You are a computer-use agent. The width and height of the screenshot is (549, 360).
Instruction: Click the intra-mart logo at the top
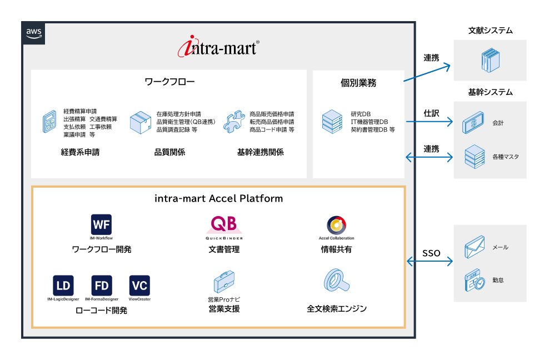pos(218,47)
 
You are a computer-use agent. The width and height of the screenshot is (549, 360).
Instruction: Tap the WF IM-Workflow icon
pos(102,224)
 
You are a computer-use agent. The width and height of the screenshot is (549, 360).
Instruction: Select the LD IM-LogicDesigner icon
pos(63,286)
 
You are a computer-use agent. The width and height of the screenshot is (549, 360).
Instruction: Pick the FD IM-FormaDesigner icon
pos(102,286)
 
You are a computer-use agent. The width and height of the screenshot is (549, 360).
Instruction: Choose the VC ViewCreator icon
pos(139,286)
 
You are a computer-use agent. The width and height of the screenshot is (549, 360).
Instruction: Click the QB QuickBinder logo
pos(224,225)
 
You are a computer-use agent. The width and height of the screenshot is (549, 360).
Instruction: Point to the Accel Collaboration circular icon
pos(336,225)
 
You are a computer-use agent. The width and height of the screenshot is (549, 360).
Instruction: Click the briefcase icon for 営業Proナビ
pos(223,281)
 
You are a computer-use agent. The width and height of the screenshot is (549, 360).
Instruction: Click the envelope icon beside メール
pos(475,246)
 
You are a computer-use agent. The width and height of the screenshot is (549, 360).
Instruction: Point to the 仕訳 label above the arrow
pos(431,113)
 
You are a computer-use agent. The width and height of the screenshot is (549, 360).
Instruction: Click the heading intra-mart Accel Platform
pos(218,198)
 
